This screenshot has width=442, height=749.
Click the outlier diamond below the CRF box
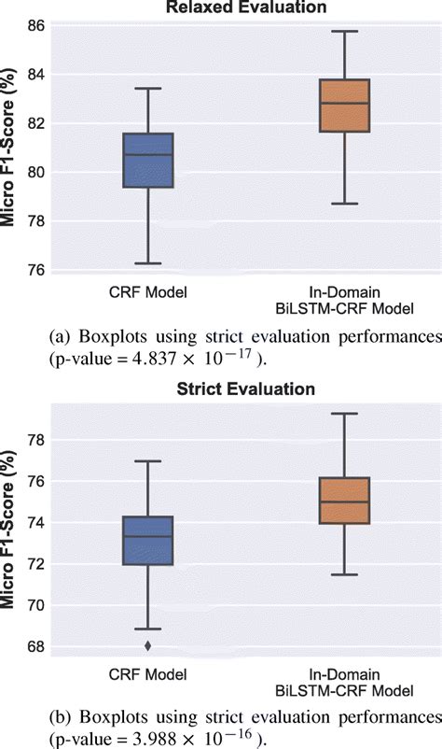(147, 645)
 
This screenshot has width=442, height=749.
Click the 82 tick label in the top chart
(35, 123)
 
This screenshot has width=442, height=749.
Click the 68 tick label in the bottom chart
(35, 646)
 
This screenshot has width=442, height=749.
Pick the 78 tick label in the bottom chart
(35, 440)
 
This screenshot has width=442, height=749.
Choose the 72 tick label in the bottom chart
(35, 564)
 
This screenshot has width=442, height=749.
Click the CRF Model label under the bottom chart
(147, 674)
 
